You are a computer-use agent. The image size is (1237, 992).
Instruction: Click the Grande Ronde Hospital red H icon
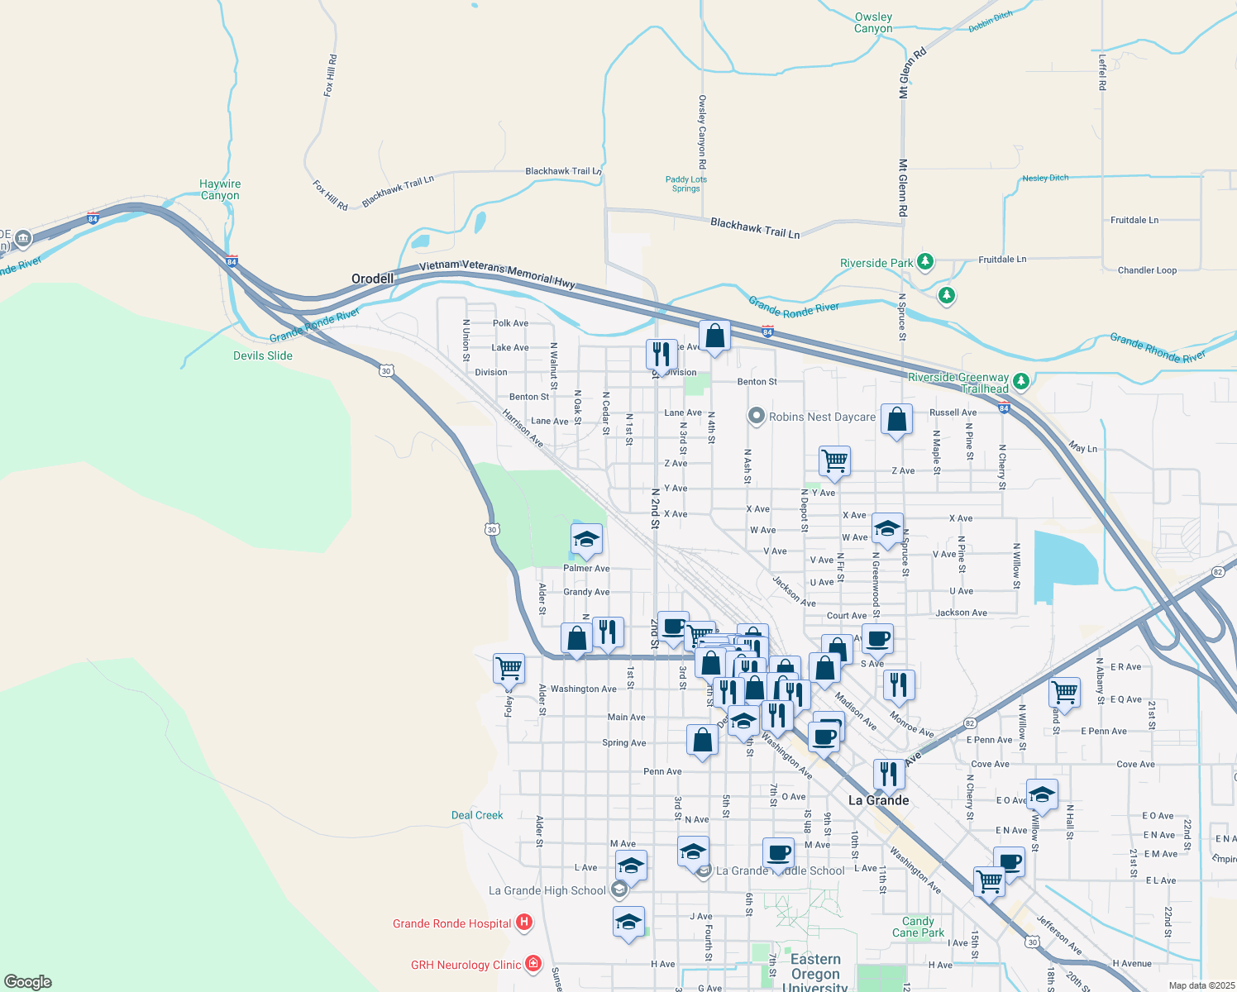point(523,923)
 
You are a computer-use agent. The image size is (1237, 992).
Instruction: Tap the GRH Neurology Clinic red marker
point(533,964)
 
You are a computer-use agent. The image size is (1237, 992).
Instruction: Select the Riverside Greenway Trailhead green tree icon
point(1021,381)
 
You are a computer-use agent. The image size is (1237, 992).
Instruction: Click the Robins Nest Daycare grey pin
point(756,416)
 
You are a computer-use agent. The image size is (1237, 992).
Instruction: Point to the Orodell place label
point(372,279)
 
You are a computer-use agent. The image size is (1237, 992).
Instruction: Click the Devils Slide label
point(263,355)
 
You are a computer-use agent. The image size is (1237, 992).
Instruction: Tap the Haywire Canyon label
point(220,190)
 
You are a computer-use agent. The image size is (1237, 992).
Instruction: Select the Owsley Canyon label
point(873,22)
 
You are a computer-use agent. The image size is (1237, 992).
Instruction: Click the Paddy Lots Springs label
point(686,184)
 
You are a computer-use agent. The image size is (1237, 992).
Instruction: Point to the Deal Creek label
point(477,815)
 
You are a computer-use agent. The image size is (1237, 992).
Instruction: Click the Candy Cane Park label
point(918,927)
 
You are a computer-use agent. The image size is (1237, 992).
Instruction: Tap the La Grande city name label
point(879,800)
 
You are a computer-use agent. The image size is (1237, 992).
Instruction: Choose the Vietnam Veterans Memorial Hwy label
point(497,273)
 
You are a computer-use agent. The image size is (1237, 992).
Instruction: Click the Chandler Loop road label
point(1147,270)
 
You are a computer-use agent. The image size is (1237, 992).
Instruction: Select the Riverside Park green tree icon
point(925,262)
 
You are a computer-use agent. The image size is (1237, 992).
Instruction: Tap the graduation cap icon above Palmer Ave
point(586,541)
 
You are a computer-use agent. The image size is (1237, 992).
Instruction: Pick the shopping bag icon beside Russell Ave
point(896,420)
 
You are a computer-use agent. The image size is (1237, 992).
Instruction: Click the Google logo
point(28,982)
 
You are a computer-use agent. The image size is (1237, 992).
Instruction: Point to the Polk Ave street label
point(510,323)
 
